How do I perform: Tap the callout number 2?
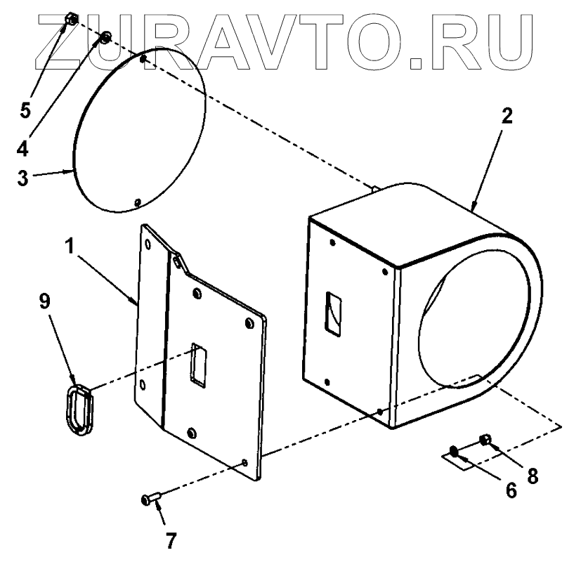point(504,118)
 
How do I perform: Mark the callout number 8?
point(533,476)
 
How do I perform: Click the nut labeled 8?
point(484,440)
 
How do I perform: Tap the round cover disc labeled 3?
point(141,129)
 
